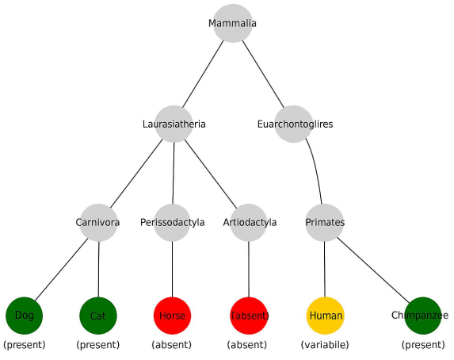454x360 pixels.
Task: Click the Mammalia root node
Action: click(232, 23)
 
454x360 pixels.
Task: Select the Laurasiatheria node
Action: click(174, 124)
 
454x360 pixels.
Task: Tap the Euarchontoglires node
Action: click(295, 124)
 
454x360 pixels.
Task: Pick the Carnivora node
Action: click(98, 222)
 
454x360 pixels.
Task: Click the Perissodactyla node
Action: click(173, 222)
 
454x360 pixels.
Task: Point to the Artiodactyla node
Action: click(250, 222)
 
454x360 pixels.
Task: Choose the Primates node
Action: click(325, 222)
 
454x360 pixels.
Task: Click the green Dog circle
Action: click(24, 315)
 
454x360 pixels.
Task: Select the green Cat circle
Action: click(98, 316)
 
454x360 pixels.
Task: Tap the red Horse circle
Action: click(173, 316)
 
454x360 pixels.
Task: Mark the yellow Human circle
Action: click(325, 315)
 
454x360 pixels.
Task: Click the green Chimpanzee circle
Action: click(422, 315)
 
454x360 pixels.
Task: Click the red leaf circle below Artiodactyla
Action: click(250, 316)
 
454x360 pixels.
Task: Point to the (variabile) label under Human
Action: click(325, 345)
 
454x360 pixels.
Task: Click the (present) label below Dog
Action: click(25, 345)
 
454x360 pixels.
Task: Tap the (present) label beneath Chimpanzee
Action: click(423, 345)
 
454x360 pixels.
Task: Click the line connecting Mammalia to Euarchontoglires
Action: click(263, 73)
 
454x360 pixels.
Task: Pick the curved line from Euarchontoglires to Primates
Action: click(315, 170)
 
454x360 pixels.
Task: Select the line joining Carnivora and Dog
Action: click(61, 269)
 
